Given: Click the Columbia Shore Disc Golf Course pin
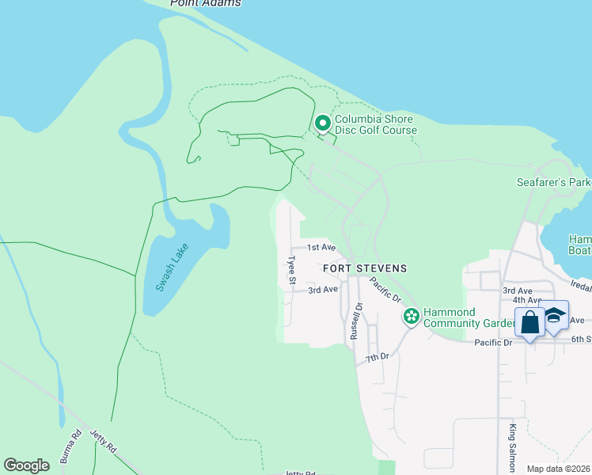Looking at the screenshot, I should point(323,123).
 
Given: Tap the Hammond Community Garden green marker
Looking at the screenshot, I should point(411,317).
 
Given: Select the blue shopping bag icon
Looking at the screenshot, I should point(529,323).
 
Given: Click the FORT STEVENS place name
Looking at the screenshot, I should point(365,268).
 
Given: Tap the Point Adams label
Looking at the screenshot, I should point(205,3).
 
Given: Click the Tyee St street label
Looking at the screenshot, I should point(291,269).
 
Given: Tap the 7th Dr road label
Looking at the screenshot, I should point(378,358).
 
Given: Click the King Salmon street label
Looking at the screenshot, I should point(513,443).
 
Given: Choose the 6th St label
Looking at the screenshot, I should point(581,340).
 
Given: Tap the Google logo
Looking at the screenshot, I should point(27,465).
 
